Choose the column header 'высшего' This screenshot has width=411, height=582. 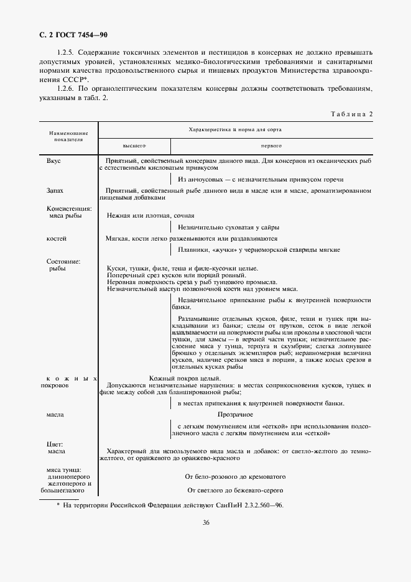(134, 145)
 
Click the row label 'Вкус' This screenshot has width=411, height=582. (53, 160)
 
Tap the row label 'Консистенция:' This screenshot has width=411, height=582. (69, 208)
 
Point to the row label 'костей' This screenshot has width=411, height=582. (57, 238)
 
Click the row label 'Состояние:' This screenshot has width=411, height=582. (64, 261)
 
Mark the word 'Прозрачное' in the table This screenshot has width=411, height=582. (235, 413)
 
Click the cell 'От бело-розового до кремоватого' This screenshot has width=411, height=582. (235, 477)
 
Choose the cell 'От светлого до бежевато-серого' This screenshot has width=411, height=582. (235, 490)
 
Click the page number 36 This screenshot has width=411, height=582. (205, 522)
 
